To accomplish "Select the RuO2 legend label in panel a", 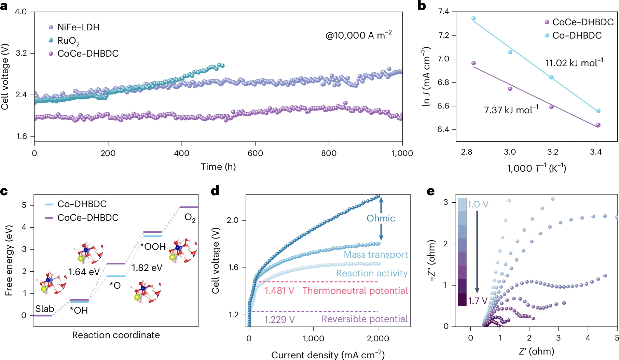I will coord(68,41).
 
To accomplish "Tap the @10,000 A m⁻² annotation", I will coord(358,35).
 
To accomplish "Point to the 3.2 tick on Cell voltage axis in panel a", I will coord(21,53).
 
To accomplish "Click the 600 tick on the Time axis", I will coord(255,153).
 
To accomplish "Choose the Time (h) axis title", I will coord(218,167).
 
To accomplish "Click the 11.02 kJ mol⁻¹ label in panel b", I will coord(574,63).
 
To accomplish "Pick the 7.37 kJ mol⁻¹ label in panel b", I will coord(511,110).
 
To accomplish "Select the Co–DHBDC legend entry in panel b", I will coord(577,35).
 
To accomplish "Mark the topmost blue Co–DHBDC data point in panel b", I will coord(473,18).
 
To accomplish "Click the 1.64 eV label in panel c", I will coord(84,272).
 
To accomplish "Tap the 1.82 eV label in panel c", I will coord(147,268).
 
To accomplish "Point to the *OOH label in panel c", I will coord(153,246).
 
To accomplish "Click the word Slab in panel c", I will coord(45,309).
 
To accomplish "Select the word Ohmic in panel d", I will coord(381,218).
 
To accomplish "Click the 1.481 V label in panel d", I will coord(279,291).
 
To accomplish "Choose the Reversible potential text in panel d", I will coord(364,319).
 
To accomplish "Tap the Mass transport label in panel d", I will coord(376,255).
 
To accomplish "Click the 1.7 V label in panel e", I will coord(478,301).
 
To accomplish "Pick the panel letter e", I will coord(431,191).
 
